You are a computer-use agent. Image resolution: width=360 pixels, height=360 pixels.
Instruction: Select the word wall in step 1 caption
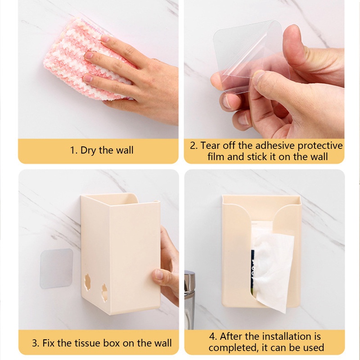click(x=123, y=150)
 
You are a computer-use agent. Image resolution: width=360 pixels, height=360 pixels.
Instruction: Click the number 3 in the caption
click(x=34, y=343)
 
